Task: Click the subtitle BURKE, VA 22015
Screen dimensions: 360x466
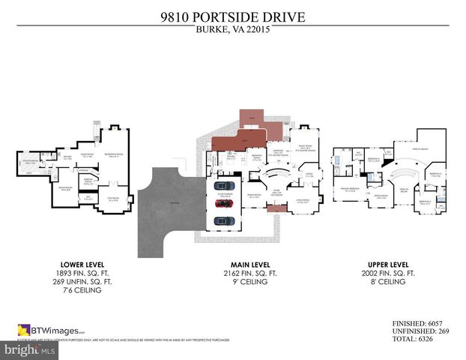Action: click(232, 30)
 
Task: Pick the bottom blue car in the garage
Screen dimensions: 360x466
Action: click(223, 220)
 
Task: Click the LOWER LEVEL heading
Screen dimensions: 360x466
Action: click(74, 265)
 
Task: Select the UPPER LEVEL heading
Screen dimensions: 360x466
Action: click(388, 265)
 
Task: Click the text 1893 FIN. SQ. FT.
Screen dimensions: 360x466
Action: click(74, 274)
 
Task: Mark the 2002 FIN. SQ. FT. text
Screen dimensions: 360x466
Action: click(388, 274)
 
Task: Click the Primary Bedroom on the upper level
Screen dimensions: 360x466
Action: click(350, 189)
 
